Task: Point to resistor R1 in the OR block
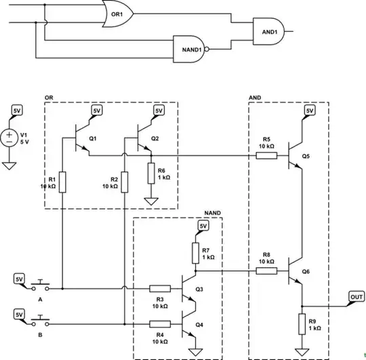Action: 62,182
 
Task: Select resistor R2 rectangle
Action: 125,182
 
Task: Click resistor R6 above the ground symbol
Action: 150,174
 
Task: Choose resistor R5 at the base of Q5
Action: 266,155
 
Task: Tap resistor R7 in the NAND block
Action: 195,253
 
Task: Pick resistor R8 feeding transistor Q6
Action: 266,271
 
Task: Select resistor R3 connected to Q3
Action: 160,288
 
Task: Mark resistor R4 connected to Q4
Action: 160,323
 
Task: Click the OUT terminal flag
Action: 356,297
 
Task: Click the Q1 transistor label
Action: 93,138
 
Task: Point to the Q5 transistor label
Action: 306,155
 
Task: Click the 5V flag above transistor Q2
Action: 159,110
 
